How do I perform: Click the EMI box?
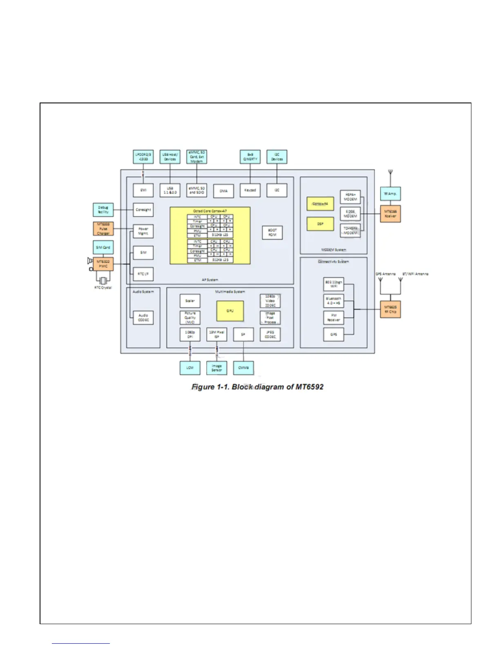(x=143, y=190)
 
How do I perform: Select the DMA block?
(x=223, y=191)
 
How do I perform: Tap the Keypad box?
(x=250, y=190)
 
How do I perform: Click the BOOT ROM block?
(x=272, y=232)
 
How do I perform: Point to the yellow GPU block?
(x=230, y=311)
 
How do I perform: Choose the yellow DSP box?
(x=320, y=224)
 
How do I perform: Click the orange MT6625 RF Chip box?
(x=390, y=310)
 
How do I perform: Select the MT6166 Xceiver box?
(x=390, y=214)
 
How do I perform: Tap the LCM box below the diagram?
(x=190, y=368)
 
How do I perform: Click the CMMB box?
(x=243, y=368)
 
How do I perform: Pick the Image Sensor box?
(x=217, y=368)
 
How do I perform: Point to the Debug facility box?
(x=103, y=210)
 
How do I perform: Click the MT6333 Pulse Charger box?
(x=103, y=229)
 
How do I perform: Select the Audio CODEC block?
(x=143, y=318)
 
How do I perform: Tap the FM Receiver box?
(x=334, y=318)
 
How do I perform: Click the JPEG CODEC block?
(x=270, y=335)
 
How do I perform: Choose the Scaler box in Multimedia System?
(x=190, y=301)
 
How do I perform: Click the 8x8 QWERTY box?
(x=250, y=157)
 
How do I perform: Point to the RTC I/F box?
(x=143, y=274)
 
